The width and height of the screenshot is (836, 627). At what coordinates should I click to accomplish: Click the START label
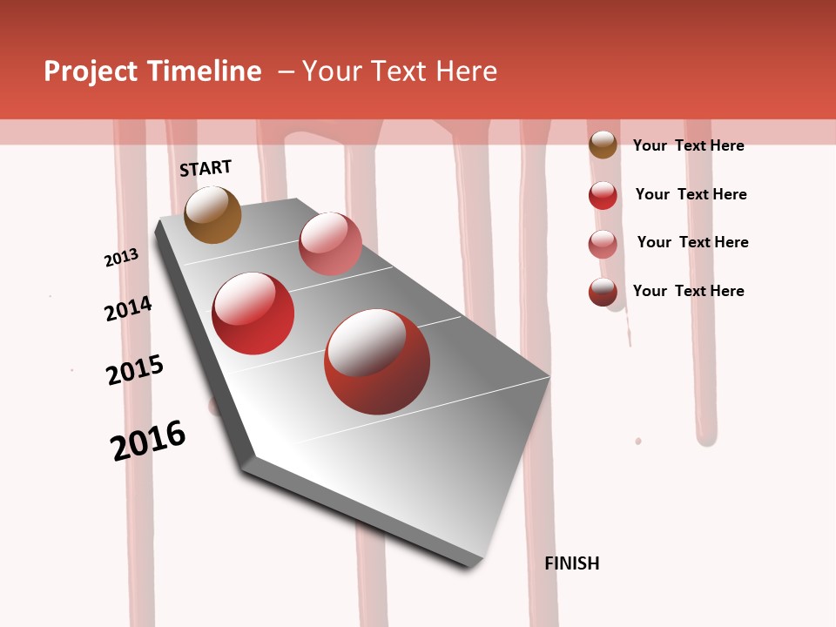pyautogui.click(x=206, y=168)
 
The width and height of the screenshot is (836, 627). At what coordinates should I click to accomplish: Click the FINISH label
pyautogui.click(x=571, y=563)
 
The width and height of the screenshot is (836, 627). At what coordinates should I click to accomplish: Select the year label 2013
pyautogui.click(x=121, y=258)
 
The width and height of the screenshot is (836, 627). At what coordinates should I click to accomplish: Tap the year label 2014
pyautogui.click(x=128, y=308)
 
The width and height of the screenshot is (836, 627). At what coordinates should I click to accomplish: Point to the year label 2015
pyautogui.click(x=135, y=370)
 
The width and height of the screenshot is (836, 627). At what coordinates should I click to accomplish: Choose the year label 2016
pyautogui.click(x=148, y=441)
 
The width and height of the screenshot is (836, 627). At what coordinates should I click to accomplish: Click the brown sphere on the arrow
pyautogui.click(x=212, y=214)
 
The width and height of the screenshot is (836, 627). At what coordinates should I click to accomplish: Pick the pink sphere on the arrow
pyautogui.click(x=330, y=244)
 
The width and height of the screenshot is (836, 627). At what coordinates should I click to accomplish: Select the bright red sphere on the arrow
pyautogui.click(x=253, y=313)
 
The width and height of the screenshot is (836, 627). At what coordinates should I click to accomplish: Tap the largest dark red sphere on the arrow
pyautogui.click(x=377, y=361)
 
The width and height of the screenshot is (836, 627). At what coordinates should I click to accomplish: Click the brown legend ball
pyautogui.click(x=603, y=145)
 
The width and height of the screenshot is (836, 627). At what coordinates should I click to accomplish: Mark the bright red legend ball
pyautogui.click(x=603, y=195)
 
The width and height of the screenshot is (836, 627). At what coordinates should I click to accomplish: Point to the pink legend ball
pyautogui.click(x=603, y=244)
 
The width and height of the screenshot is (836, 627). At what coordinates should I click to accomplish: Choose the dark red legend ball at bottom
pyautogui.click(x=603, y=292)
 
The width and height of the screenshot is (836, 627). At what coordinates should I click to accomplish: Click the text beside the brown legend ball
pyautogui.click(x=688, y=145)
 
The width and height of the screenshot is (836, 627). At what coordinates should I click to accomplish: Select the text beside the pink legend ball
pyautogui.click(x=692, y=242)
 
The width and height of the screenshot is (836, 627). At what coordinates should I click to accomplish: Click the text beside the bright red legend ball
pyautogui.click(x=691, y=194)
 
